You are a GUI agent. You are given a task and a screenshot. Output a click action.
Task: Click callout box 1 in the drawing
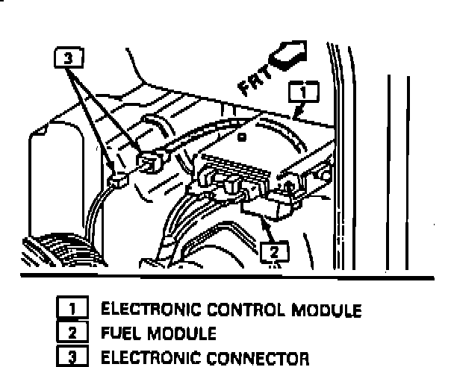click(302, 92)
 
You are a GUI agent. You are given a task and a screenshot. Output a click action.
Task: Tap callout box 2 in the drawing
click(276, 251)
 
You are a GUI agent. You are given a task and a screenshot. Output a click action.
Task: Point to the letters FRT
click(252, 80)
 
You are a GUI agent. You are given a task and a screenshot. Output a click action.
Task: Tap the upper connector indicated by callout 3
click(152, 163)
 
